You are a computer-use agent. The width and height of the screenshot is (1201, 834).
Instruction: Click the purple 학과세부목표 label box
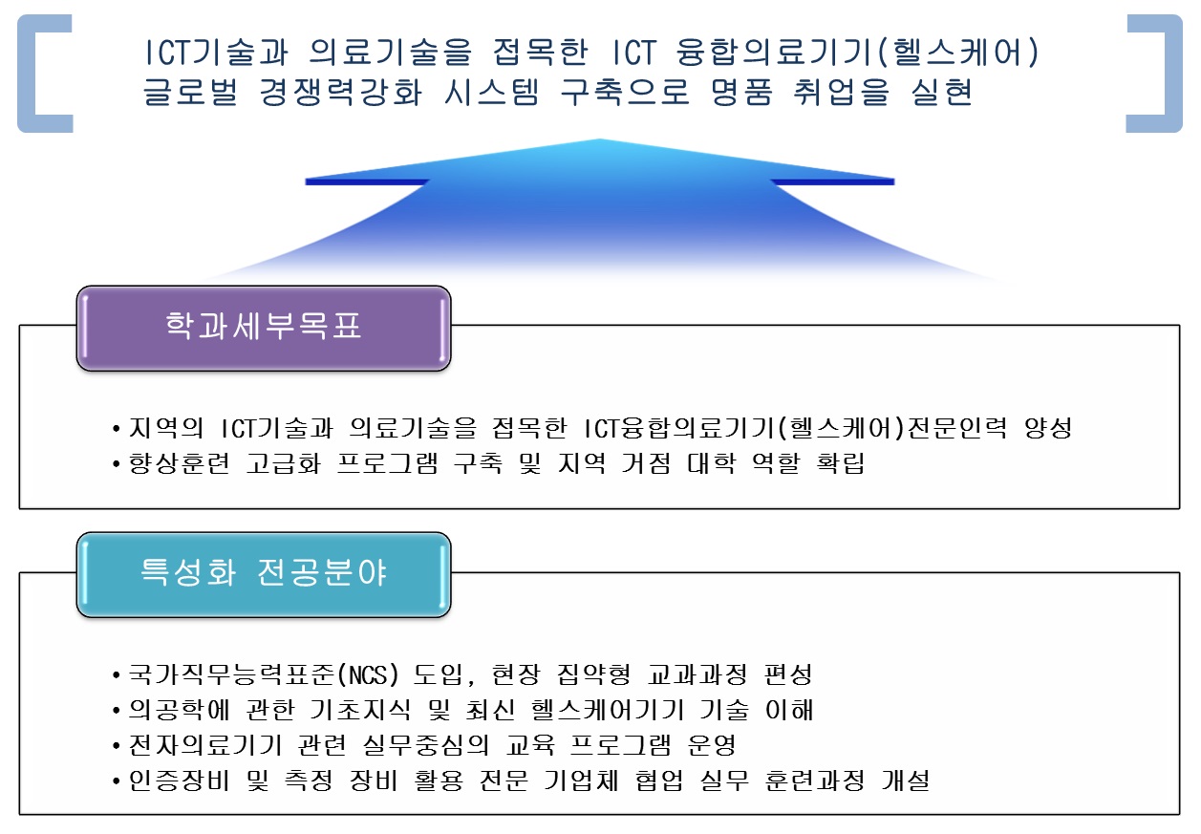(x=264, y=328)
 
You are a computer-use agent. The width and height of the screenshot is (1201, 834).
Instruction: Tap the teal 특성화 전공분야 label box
(x=264, y=574)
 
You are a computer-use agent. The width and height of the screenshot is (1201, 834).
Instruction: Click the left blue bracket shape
(x=45, y=74)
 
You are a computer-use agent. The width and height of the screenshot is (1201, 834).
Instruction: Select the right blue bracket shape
(x=1154, y=74)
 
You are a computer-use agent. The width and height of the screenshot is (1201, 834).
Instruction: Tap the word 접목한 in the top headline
(x=540, y=53)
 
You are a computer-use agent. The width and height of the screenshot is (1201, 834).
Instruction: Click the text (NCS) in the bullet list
(x=369, y=674)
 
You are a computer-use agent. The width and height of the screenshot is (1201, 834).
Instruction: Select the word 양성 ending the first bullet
(x=1047, y=428)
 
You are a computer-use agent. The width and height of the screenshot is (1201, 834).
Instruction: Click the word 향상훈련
(x=179, y=463)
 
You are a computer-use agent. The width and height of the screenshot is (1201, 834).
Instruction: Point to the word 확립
(x=840, y=463)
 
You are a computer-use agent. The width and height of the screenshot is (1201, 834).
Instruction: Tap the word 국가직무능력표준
(x=232, y=674)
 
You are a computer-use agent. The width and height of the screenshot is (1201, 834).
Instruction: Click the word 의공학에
(x=179, y=710)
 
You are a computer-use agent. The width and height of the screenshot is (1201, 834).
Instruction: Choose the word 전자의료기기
(x=204, y=745)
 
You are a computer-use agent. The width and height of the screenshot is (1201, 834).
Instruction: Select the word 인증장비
(x=179, y=781)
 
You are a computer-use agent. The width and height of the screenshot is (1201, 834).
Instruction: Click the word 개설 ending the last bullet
(x=906, y=781)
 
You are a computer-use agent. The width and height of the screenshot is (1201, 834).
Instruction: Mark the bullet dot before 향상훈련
(x=116, y=463)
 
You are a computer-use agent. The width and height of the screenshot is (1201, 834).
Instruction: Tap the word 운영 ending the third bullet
(x=712, y=745)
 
